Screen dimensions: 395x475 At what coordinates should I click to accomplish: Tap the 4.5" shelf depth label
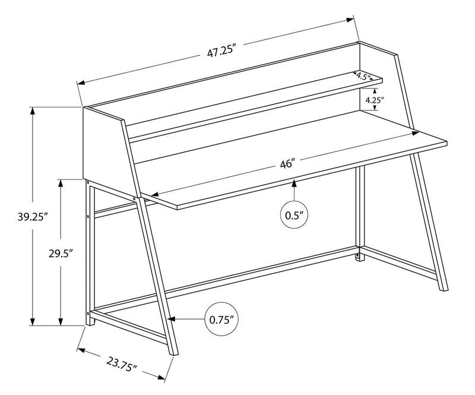click(x=363, y=76)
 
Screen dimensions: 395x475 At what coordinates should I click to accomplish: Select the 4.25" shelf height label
click(x=373, y=100)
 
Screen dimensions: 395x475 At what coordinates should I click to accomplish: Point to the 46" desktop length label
click(x=288, y=163)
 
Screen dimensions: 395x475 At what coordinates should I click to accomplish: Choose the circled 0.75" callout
click(x=221, y=319)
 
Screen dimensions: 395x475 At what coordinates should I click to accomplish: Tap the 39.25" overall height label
click(x=16, y=217)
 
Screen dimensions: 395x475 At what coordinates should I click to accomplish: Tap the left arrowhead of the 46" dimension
click(x=153, y=194)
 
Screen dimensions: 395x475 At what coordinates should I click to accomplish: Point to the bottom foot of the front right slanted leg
click(x=442, y=288)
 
